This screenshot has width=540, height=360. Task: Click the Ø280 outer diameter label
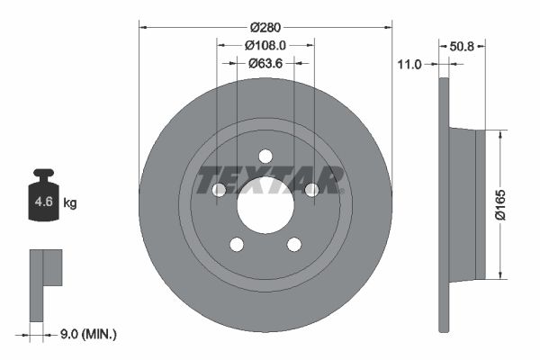pos(265,25)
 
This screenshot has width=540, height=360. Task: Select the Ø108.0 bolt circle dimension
pos(265,44)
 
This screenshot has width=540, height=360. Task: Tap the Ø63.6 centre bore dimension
pos(265,63)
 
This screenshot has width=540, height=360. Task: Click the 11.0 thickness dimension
pos(409,64)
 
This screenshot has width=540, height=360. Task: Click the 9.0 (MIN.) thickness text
pos(86,334)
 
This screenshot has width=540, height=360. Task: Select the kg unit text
pos(70,203)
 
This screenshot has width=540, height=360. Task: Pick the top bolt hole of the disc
pos(265,156)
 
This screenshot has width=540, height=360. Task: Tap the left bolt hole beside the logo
pos(219,190)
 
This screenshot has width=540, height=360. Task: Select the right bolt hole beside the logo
pos(312,190)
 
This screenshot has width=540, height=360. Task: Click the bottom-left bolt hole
pos(237,244)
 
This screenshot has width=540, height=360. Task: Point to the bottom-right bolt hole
pos(294,244)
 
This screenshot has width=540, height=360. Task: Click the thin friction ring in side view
pos(444,203)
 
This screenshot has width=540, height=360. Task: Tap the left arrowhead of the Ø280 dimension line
pos(142,25)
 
